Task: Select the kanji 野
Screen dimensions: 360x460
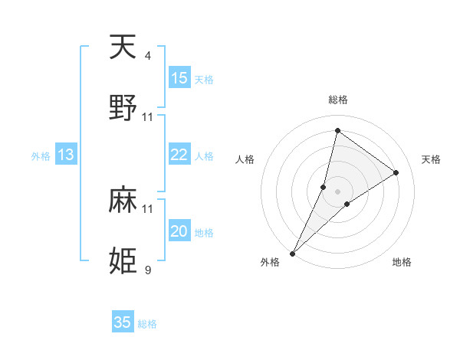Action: pyautogui.click(x=123, y=109)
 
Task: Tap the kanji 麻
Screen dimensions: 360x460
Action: pyautogui.click(x=123, y=201)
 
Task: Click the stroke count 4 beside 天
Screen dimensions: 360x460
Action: pyautogui.click(x=148, y=56)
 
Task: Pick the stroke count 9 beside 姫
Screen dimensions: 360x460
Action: pyautogui.click(x=148, y=270)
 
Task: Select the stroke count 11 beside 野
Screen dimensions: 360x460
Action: pyautogui.click(x=148, y=117)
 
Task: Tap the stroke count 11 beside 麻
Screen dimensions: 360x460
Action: pyautogui.click(x=148, y=208)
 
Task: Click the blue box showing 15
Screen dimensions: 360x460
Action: pyautogui.click(x=179, y=78)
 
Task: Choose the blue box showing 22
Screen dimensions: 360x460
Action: pyautogui.click(x=179, y=155)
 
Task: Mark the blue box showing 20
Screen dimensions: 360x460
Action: pyautogui.click(x=179, y=231)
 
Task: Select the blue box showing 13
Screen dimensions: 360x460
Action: pyautogui.click(x=66, y=155)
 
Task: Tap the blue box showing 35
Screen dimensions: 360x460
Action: pyautogui.click(x=123, y=322)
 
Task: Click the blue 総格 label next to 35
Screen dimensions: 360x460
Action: pyautogui.click(x=147, y=324)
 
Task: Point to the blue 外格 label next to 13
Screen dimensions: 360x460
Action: pyautogui.click(x=41, y=156)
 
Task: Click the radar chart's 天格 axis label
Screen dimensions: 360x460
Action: pyautogui.click(x=432, y=159)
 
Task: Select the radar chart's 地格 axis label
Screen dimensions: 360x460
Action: pyautogui.click(x=402, y=263)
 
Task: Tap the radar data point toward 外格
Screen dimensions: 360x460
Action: pyautogui.click(x=293, y=253)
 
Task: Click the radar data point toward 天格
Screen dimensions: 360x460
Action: pyautogui.click(x=396, y=172)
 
